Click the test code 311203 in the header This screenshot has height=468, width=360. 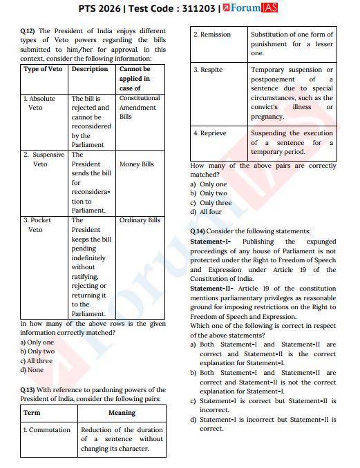pyautogui.click(x=197, y=10)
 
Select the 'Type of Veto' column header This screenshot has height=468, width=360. pyautogui.click(x=44, y=69)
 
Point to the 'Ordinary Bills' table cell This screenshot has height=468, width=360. pyautogui.click(x=140, y=220)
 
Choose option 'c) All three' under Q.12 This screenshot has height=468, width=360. pyautogui.click(x=36, y=360)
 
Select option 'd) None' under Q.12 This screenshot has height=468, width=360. pyautogui.click(x=32, y=370)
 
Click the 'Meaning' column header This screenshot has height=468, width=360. pyautogui.click(x=122, y=413)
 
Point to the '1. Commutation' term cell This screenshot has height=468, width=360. pyautogui.click(x=47, y=429)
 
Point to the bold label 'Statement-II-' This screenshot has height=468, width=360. pyautogui.click(x=211, y=288)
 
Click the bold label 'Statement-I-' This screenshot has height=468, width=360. pyautogui.click(x=210, y=242)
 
